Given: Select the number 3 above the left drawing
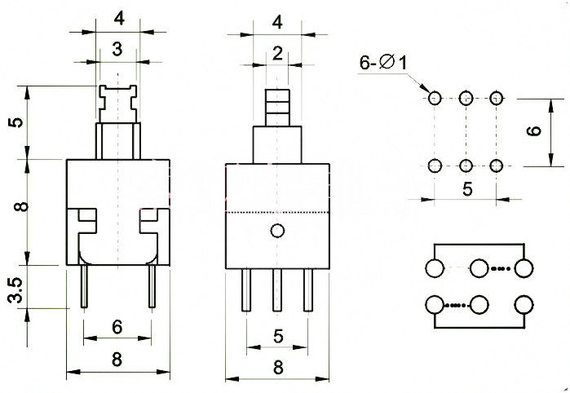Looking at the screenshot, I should (117, 51).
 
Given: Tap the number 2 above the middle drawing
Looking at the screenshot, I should (277, 55).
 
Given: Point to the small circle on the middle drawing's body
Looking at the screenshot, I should (277, 231).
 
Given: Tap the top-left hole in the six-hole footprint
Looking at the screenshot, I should (434, 99).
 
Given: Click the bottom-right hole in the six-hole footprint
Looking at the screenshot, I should (497, 166).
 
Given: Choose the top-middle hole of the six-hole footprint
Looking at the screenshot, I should (466, 99).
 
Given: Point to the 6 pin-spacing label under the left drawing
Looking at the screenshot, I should (117, 327).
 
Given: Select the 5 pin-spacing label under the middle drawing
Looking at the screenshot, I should (277, 334).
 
